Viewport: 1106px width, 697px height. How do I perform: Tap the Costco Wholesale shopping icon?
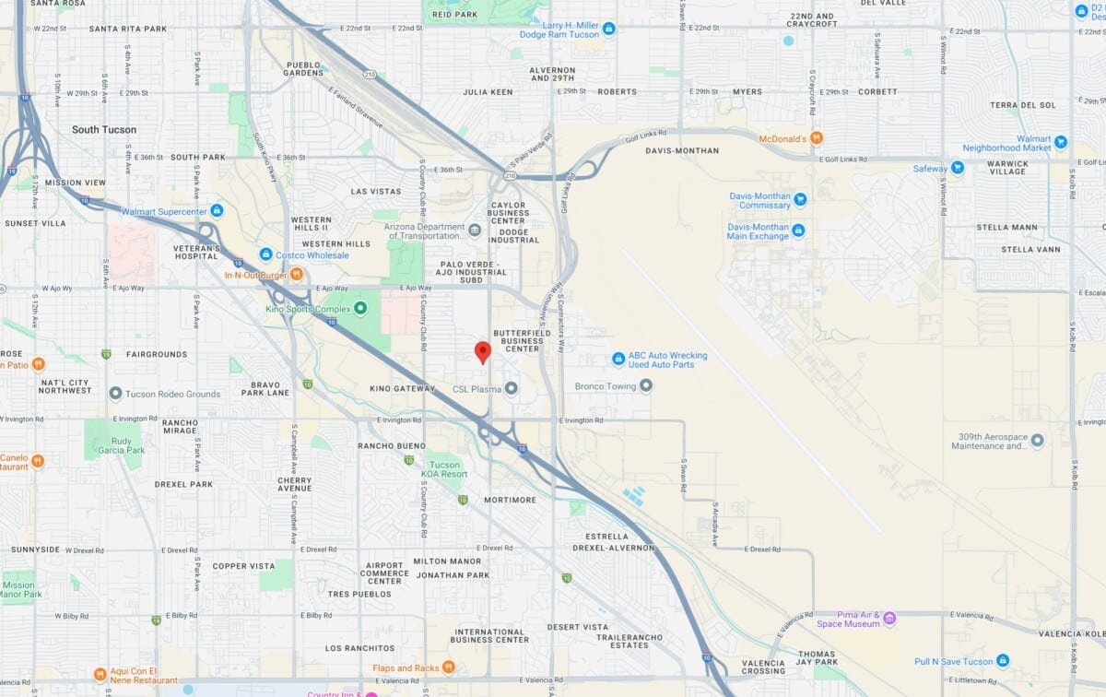pyautogui.click(x=265, y=254)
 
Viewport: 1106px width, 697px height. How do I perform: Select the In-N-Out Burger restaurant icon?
pyautogui.click(x=297, y=274)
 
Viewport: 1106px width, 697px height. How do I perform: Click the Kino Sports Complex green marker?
pyautogui.click(x=360, y=309)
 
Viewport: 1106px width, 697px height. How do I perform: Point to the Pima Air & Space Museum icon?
pyautogui.click(x=889, y=618)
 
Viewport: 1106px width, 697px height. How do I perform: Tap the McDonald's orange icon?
pyautogui.click(x=817, y=139)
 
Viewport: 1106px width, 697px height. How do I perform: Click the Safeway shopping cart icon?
pyautogui.click(x=958, y=169)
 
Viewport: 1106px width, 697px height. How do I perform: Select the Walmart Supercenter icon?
pyautogui.click(x=217, y=211)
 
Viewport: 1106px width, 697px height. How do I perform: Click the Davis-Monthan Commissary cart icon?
pyautogui.click(x=800, y=200)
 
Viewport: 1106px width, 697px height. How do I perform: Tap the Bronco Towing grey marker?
pyautogui.click(x=646, y=386)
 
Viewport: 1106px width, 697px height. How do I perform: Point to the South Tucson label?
pyautogui.click(x=104, y=130)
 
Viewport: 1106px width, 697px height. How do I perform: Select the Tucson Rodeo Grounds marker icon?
pyautogui.click(x=115, y=394)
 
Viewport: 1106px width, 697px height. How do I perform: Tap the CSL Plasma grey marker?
pyautogui.click(x=512, y=388)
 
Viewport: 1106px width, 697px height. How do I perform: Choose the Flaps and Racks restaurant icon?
pyautogui.click(x=448, y=667)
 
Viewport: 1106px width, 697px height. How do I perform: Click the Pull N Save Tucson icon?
pyautogui.click(x=1003, y=661)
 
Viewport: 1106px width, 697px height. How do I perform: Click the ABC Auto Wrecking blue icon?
pyautogui.click(x=619, y=359)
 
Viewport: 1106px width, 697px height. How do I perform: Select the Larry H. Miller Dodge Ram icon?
pyautogui.click(x=608, y=33)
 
